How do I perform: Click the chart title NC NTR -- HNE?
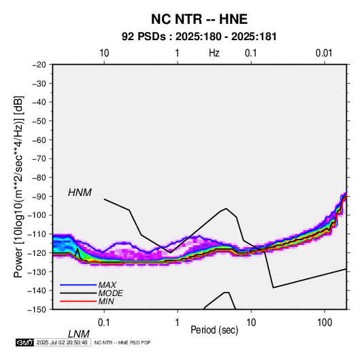(x=199, y=19)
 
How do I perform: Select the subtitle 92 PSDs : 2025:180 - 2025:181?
(x=199, y=37)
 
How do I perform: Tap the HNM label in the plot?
(x=80, y=193)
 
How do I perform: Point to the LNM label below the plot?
(x=79, y=334)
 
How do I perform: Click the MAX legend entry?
(x=107, y=284)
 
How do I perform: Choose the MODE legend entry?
(x=110, y=293)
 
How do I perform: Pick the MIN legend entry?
(x=106, y=301)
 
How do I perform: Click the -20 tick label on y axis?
(x=39, y=65)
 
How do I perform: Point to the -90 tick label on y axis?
(x=39, y=196)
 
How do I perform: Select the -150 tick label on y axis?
(x=37, y=310)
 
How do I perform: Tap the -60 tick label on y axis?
(x=39, y=140)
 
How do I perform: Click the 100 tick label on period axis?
(x=325, y=323)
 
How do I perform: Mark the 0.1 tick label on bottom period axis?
(x=104, y=323)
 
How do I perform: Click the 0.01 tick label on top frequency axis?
(x=324, y=53)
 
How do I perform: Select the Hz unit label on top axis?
(x=214, y=53)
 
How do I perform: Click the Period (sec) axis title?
(x=214, y=330)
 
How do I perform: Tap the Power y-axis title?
(x=18, y=186)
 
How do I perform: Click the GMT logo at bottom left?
(x=24, y=342)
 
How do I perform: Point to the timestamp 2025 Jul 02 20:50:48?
(x=62, y=342)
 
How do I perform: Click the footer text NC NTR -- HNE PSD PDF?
(x=122, y=342)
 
